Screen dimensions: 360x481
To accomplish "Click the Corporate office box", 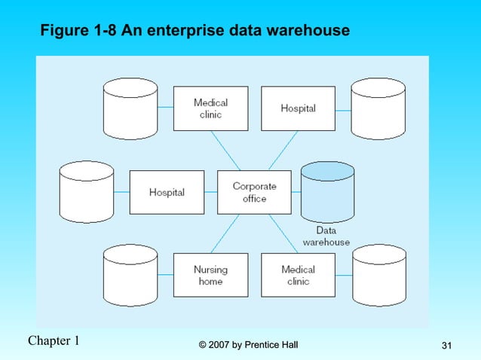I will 254,192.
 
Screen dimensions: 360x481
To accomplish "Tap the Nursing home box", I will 210,275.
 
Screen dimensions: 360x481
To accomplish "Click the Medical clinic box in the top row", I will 210,108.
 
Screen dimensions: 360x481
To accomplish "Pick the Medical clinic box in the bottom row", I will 298,275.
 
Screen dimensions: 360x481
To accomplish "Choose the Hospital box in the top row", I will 298,108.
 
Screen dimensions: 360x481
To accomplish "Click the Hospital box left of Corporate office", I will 167,192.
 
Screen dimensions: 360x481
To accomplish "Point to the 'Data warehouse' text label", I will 326,236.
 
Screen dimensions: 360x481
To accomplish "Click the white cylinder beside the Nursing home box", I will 130,275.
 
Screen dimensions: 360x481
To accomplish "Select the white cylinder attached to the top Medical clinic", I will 130,108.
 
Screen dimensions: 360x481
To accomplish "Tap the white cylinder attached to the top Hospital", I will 378,108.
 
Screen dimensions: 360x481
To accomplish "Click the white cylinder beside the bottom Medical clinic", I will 378,275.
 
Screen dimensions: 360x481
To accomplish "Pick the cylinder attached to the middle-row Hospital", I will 86,192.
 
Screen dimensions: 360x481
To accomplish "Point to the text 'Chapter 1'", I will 54,340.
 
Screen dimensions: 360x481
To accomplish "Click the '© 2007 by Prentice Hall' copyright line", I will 248,345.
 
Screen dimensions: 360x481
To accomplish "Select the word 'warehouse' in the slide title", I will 310,32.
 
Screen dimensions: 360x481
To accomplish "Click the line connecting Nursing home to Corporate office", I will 225,233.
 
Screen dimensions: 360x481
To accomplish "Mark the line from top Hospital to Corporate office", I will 283,150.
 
